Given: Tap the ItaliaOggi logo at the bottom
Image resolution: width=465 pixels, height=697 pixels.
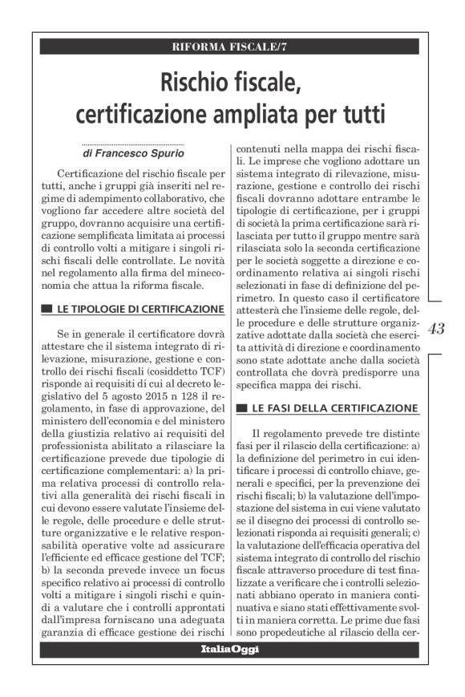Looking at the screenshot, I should pos(230,649).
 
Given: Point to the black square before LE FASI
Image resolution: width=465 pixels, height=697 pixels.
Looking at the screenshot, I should pos(239,409).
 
